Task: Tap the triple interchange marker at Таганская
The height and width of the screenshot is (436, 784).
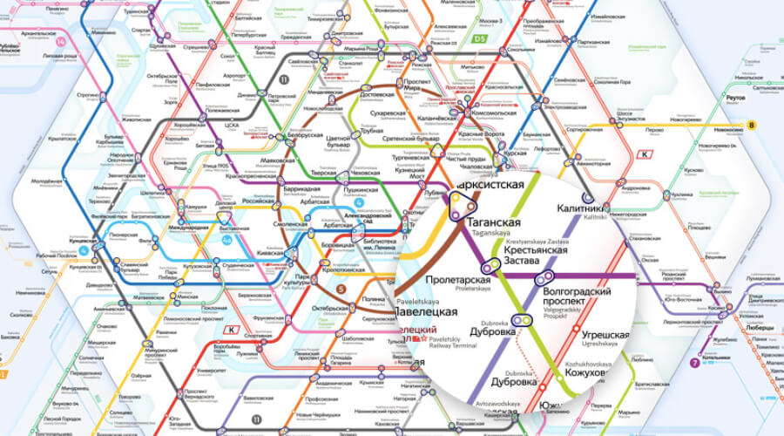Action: point(460,206)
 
